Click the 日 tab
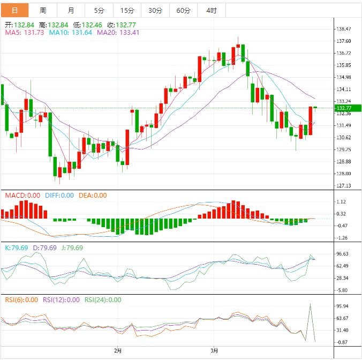(x=14, y=11)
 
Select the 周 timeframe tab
(x=42, y=11)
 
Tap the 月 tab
(x=71, y=11)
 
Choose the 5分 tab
(x=99, y=11)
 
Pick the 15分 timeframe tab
(x=127, y=11)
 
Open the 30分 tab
(x=155, y=11)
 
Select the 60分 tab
(x=183, y=11)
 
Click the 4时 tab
(x=211, y=11)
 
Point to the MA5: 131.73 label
(x=24, y=33)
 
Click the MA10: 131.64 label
(x=71, y=33)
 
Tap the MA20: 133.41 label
(x=118, y=33)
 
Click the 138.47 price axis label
(x=343, y=29)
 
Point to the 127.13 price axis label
(x=343, y=186)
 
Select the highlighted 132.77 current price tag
(x=343, y=108)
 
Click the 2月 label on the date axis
(x=118, y=351)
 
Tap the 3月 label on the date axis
(x=214, y=351)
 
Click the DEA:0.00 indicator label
(x=93, y=196)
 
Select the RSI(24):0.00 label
(x=103, y=300)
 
